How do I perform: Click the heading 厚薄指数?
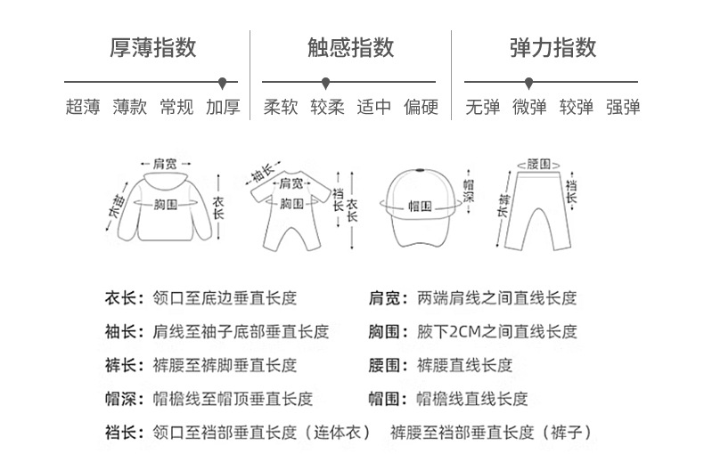152,46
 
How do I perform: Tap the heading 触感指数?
351,46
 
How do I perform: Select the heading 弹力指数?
553,46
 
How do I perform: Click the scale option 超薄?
83,108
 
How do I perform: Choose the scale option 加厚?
223,108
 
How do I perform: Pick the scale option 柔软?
281,108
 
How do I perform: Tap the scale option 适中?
374,108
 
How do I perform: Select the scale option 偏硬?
421,108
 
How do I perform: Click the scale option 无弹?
483,108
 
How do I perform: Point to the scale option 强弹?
623,108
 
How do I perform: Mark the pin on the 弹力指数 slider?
529,83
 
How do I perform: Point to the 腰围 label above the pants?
538,164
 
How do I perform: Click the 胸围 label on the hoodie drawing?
166,205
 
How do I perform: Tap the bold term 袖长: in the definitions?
123,332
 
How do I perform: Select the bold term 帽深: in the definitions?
123,400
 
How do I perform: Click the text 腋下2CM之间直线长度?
497,332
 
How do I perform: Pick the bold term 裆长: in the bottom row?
123,434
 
